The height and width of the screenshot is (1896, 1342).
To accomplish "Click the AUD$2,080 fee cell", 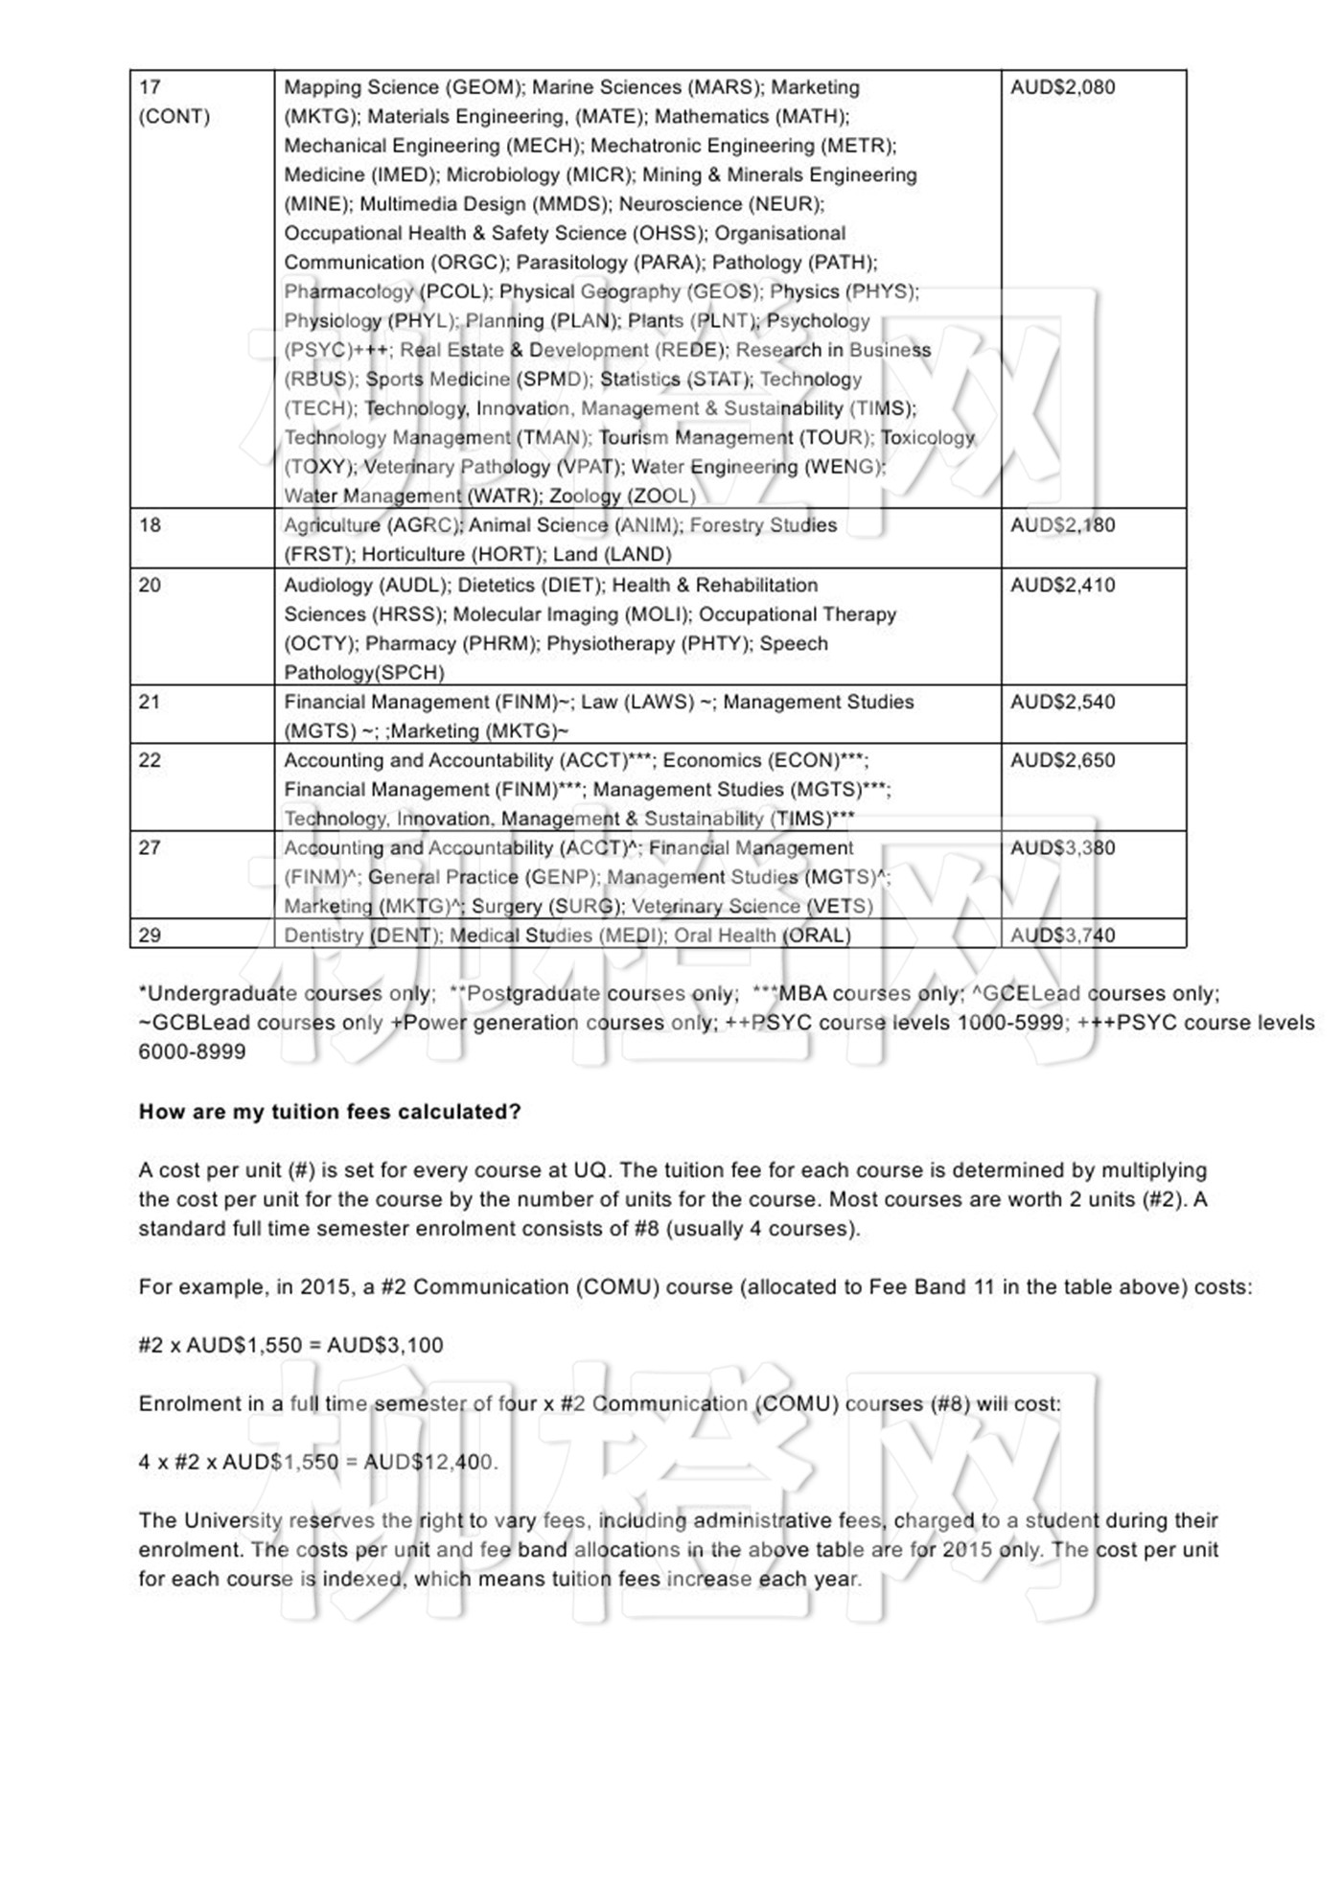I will coord(1062,87).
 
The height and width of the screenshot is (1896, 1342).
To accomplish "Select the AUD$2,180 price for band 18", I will coord(1062,525).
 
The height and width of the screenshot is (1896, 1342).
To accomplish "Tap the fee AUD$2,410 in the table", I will coord(1062,586).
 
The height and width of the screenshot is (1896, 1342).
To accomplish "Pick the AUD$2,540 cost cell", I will coord(1062,703).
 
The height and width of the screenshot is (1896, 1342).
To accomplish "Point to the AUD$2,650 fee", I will coord(1062,761).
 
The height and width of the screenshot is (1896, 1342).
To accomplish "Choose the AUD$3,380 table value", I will coord(1062,848).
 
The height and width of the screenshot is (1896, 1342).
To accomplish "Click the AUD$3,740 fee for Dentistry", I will coord(1062,936).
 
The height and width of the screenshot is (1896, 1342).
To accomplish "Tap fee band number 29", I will coord(150,936).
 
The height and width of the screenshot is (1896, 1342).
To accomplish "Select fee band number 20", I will coord(150,586).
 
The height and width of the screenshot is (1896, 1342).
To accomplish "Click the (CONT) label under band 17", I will coord(174,117).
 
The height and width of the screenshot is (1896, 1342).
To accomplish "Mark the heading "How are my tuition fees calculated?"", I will coord(330,1112).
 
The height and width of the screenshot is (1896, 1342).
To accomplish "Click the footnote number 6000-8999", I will coord(192,1052).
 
